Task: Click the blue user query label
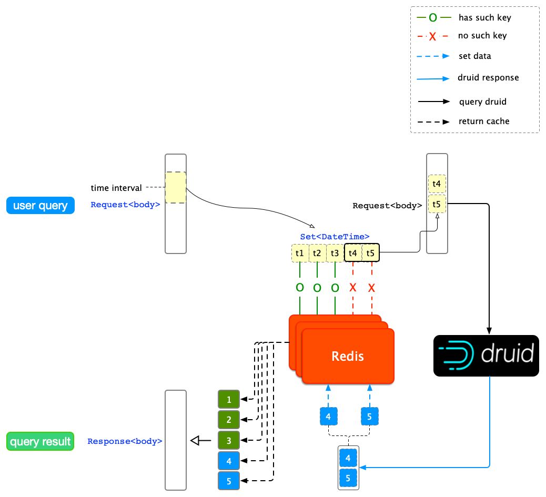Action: (x=41, y=206)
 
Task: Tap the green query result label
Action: (x=41, y=441)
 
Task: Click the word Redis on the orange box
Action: (x=348, y=356)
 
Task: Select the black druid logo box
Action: (x=486, y=356)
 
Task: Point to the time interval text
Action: (x=116, y=188)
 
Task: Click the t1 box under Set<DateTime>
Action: (x=300, y=253)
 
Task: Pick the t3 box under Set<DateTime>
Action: (x=335, y=253)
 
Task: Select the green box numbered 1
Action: (x=229, y=400)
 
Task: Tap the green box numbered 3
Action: (x=229, y=440)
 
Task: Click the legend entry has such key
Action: (x=484, y=18)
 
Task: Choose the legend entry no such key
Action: (x=482, y=36)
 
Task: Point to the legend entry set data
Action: (x=475, y=56)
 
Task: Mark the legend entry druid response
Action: (x=489, y=78)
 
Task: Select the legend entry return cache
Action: (x=484, y=121)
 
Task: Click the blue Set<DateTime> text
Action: (x=335, y=237)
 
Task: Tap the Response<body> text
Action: (x=125, y=441)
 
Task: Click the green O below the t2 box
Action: (x=317, y=288)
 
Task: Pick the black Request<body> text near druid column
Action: (x=387, y=206)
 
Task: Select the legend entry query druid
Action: (x=483, y=102)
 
